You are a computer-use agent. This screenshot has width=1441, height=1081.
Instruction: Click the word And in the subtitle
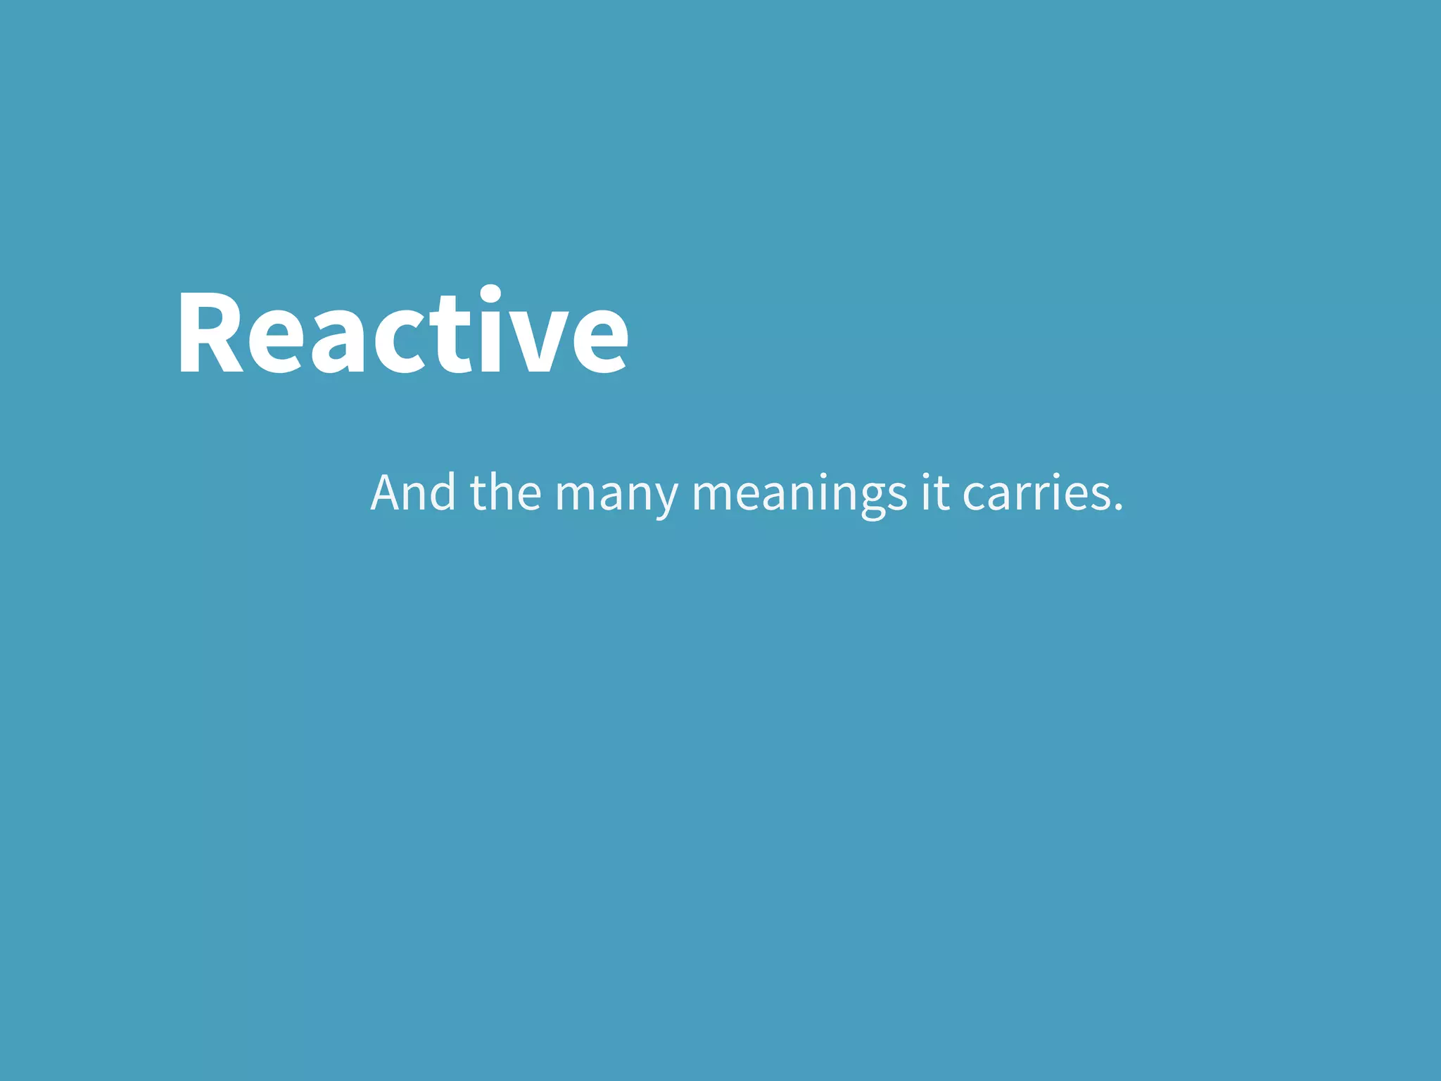coord(414,492)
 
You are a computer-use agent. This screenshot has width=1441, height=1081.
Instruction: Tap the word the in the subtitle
coord(506,492)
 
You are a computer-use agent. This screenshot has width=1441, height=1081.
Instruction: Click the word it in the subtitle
coord(935,492)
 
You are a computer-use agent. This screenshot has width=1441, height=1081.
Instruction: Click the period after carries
coord(1119,506)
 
